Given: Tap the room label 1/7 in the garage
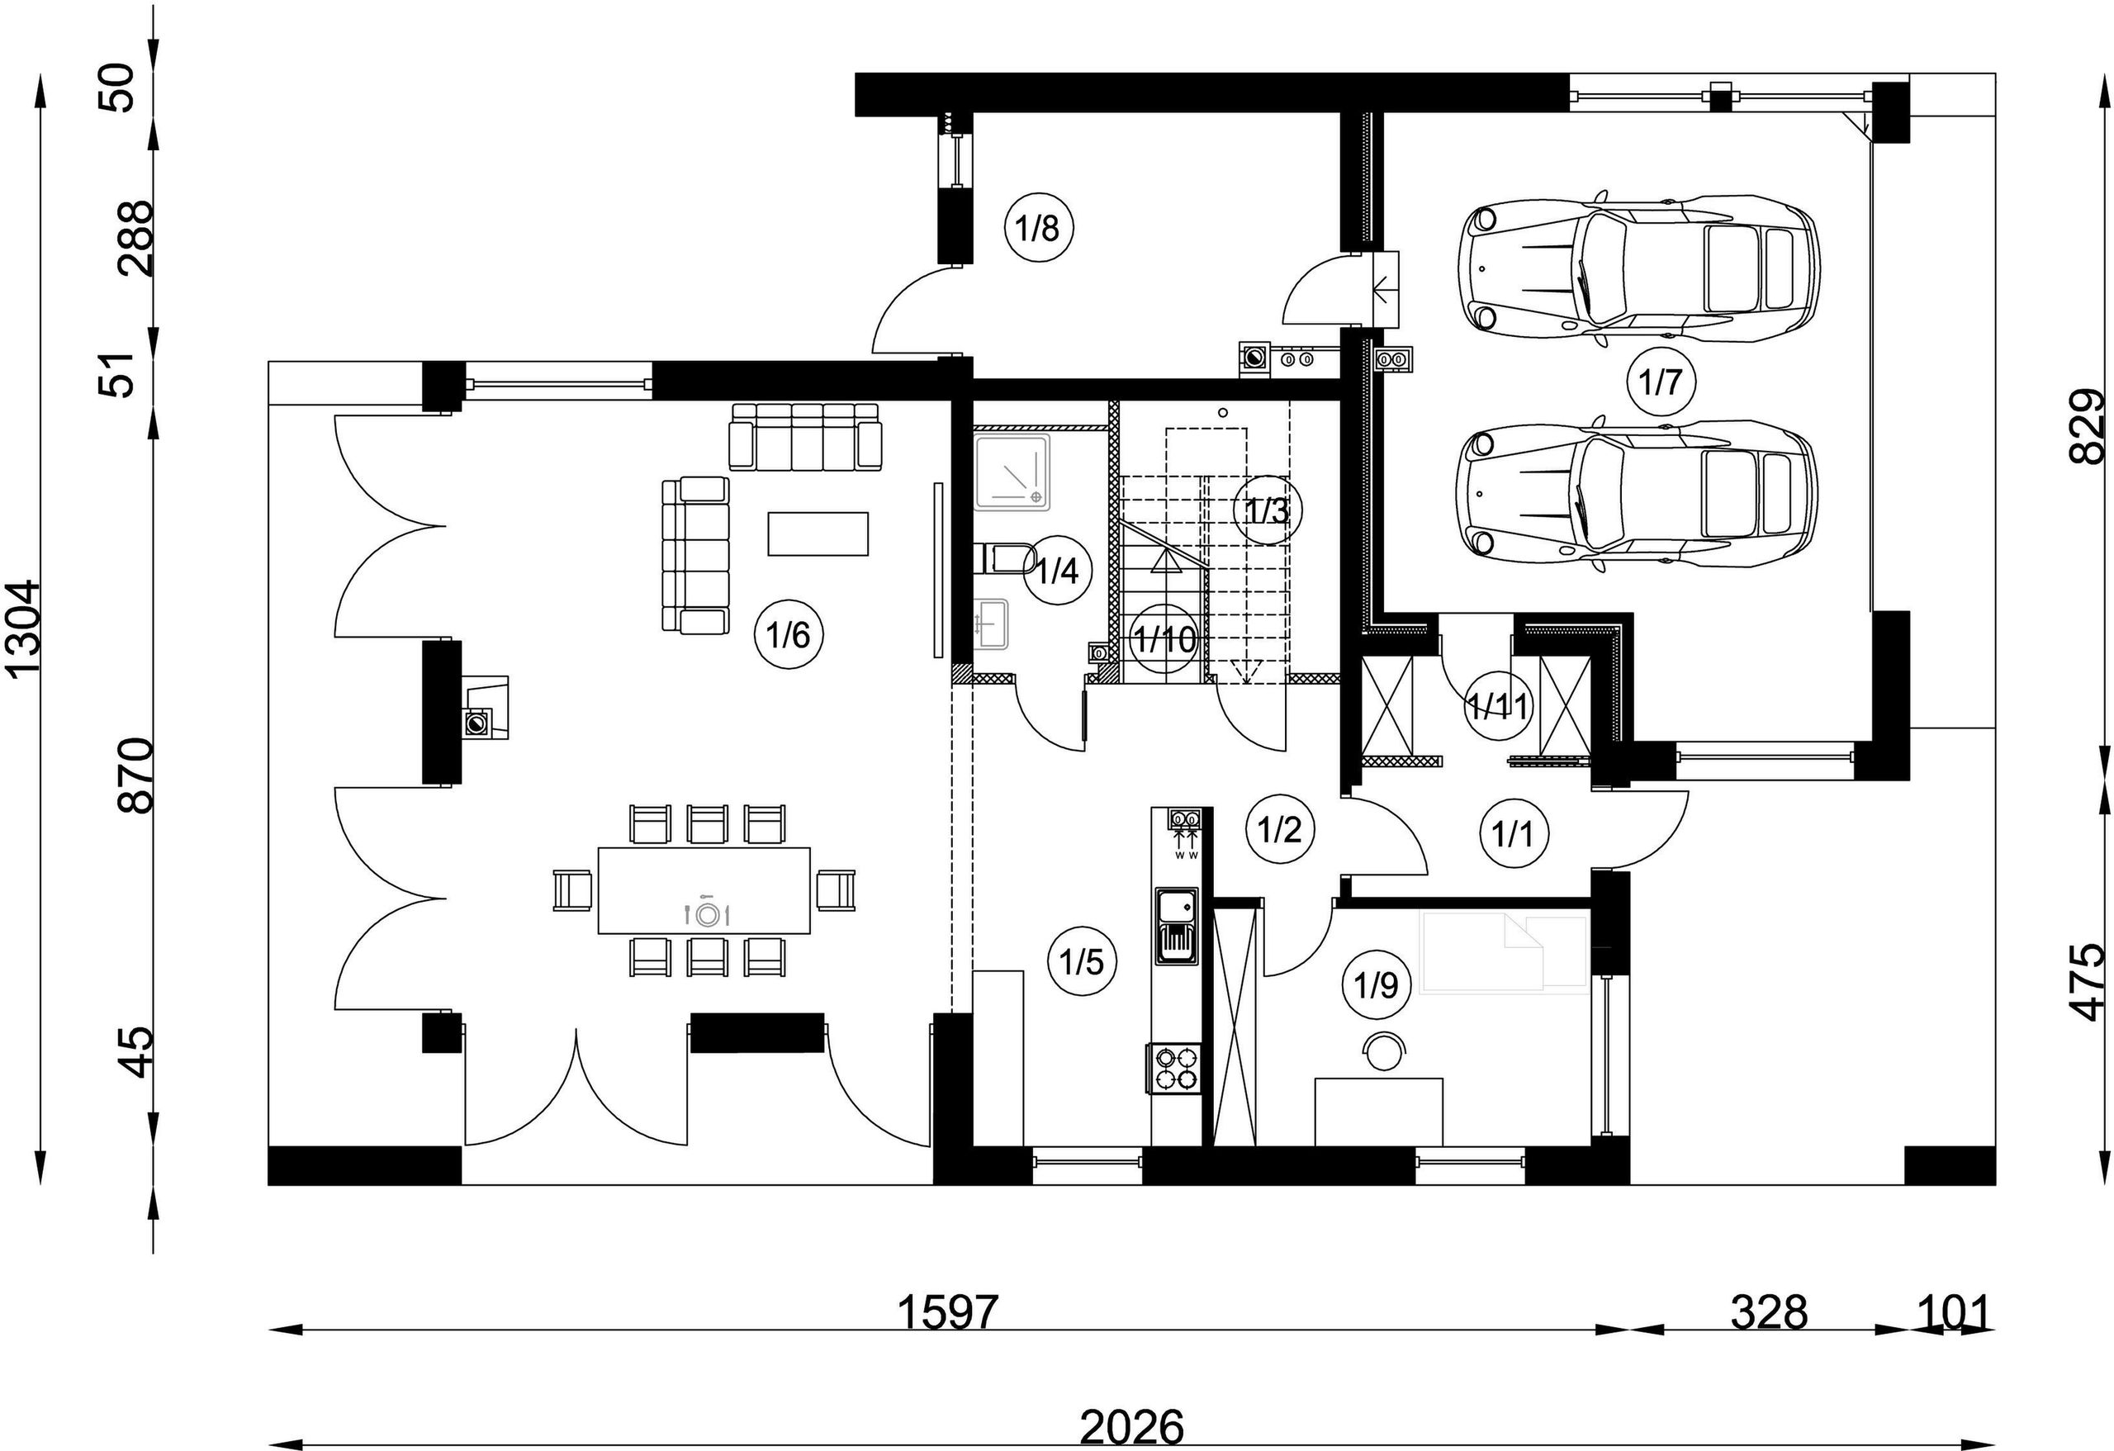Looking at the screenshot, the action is [x=1661, y=382].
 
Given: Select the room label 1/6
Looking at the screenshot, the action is [x=789, y=634].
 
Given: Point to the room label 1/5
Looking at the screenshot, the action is [x=1082, y=961].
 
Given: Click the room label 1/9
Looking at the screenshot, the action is [x=1377, y=984].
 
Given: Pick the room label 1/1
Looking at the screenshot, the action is [x=1514, y=833].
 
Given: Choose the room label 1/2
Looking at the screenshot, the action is [x=1281, y=829].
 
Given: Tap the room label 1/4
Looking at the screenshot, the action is [x=1059, y=571].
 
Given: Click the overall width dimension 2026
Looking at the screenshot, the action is [x=1132, y=1426].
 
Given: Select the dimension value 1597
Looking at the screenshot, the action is [x=948, y=1311].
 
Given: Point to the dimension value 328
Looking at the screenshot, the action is [x=1770, y=1311].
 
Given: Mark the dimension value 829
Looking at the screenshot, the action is [x=2087, y=426].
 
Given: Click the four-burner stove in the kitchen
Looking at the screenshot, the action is [x=1176, y=1069].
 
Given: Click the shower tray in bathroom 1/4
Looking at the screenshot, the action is [x=1012, y=472].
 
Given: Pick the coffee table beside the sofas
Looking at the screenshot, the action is [x=818, y=533].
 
